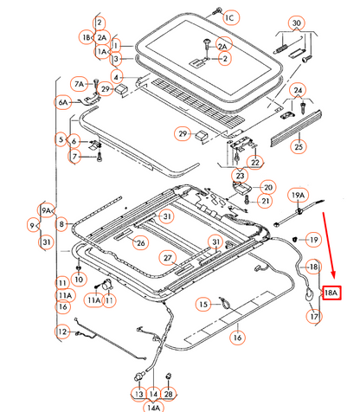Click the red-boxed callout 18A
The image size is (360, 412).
pos(331,293)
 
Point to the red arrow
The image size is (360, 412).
pos(329,246)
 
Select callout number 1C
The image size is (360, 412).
pos(230,18)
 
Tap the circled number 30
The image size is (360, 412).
pos(297,23)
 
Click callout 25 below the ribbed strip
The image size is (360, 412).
pos(299,146)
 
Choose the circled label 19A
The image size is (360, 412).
pos(298,196)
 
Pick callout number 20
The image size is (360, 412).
pos(268,188)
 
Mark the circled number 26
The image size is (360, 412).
pos(140,243)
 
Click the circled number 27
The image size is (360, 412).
pos(168,258)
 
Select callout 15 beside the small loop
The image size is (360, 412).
pos(203,304)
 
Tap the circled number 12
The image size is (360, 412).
pos(62,332)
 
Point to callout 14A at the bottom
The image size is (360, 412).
pos(153,407)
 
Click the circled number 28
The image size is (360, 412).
pos(168,394)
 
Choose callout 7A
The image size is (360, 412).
pos(79,84)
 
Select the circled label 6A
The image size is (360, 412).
pos(63,102)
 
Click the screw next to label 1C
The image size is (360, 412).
pos(217,11)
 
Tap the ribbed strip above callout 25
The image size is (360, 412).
pos(296,127)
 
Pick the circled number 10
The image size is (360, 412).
pos(79,279)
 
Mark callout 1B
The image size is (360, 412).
pos(87,37)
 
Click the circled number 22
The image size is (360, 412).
pos(255,163)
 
